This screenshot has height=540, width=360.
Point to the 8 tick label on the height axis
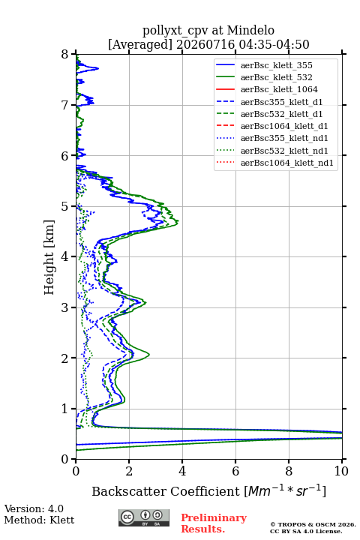point(65,55)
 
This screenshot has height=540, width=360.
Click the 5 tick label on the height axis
point(65,207)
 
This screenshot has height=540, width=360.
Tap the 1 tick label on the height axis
point(65,409)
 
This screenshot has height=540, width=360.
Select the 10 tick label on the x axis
point(341,471)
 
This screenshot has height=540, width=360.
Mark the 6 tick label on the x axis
point(235,471)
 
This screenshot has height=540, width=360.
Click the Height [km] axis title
point(49,257)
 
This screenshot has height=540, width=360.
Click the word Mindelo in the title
point(250,30)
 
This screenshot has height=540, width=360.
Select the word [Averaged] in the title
point(140,44)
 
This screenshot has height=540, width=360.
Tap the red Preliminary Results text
point(214,523)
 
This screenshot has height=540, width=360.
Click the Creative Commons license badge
point(144,518)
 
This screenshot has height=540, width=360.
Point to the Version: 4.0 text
point(34,508)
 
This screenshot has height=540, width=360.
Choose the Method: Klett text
point(39,520)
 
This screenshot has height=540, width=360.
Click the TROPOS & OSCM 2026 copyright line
point(313,524)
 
